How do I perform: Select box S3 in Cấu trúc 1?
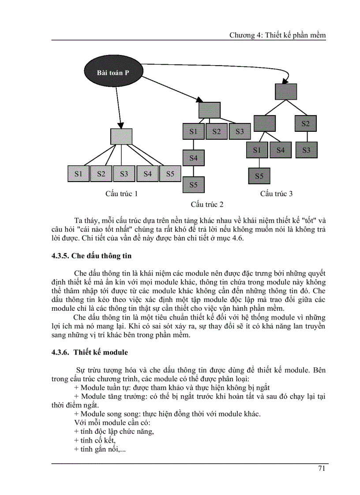point(124,174)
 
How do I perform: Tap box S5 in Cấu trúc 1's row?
point(170,174)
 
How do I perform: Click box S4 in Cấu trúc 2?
point(193,158)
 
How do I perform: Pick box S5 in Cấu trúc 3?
point(259,176)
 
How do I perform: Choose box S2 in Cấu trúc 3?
point(306,123)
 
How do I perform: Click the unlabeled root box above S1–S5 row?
point(121,136)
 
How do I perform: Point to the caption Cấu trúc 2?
point(207,205)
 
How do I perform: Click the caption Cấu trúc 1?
point(121,194)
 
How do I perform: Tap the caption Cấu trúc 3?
point(276,194)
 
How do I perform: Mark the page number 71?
point(322,468)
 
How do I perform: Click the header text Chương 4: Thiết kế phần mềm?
point(277,36)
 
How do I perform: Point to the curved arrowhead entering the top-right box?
point(286,81)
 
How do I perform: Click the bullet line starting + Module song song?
point(168,414)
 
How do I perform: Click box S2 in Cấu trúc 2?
point(216,131)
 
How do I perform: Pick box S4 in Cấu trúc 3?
point(281,150)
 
